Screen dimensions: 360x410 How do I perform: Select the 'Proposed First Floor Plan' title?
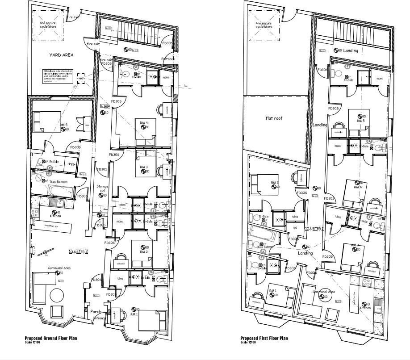tap(264, 339)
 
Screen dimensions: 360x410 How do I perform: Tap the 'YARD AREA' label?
tap(61, 55)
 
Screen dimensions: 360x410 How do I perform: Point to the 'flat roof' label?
tap(273, 118)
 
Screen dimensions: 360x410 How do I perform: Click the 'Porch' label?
tap(96, 312)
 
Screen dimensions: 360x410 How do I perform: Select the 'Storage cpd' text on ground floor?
tap(103, 188)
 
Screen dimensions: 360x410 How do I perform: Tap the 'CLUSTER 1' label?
tap(79, 252)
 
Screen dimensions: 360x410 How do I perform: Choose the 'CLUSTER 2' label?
tap(314, 229)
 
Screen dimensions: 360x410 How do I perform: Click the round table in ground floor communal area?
tap(57, 295)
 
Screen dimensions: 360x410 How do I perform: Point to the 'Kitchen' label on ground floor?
tap(55, 216)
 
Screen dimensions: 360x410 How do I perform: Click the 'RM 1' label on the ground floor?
tap(134, 314)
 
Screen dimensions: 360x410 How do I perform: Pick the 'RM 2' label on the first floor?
tap(274, 183)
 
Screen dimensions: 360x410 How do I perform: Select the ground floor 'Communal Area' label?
tap(60, 268)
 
